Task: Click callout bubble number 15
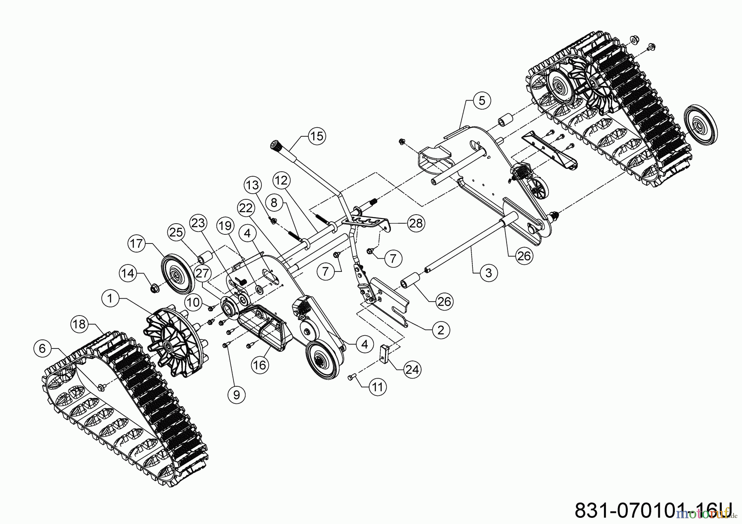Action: coord(317,136)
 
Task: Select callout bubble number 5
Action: coord(482,101)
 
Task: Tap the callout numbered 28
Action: coord(415,223)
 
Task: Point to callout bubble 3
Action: coord(489,273)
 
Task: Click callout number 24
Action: coord(412,370)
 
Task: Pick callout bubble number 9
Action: coord(236,395)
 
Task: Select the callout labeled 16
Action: coord(261,365)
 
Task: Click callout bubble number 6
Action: coord(42,349)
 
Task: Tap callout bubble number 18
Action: coord(79,324)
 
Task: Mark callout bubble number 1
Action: coord(110,298)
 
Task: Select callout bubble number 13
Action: coord(253,186)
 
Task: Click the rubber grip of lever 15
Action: coord(275,145)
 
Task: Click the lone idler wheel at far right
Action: coord(700,125)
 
